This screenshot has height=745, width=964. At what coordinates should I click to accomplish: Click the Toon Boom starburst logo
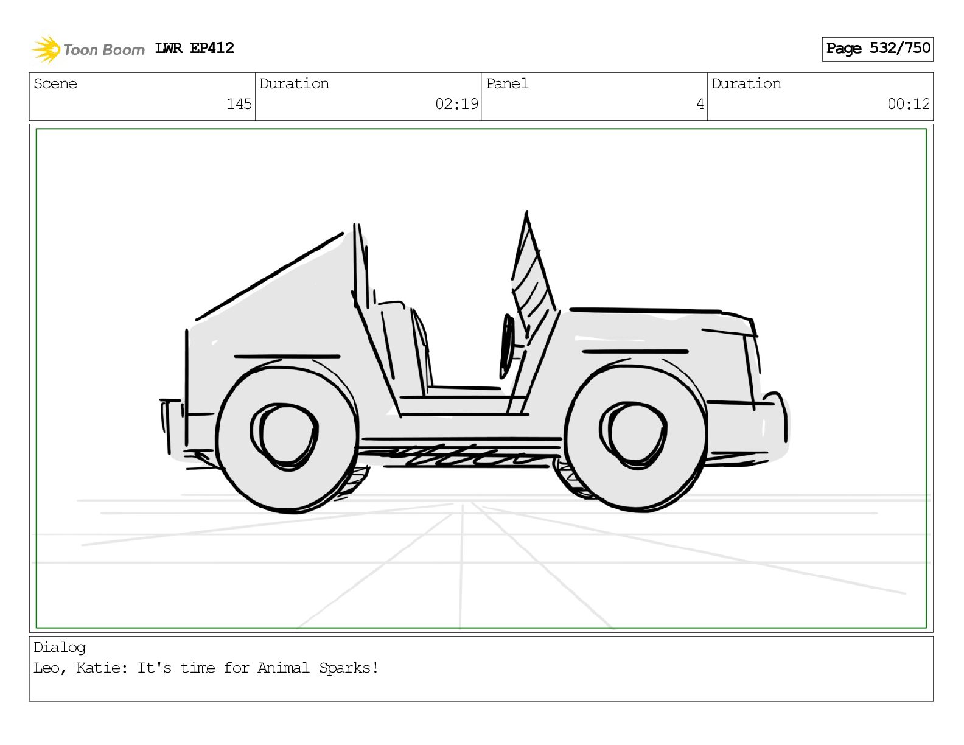click(x=46, y=49)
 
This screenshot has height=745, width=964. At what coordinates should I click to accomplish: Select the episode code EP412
click(x=212, y=48)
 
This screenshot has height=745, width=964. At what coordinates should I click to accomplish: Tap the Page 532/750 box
click(x=877, y=49)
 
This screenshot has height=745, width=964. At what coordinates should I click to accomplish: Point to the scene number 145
click(x=239, y=104)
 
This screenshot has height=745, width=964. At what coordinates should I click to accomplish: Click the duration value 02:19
click(x=456, y=104)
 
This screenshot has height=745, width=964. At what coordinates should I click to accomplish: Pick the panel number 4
click(x=700, y=104)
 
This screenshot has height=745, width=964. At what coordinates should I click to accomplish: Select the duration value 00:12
click(x=909, y=104)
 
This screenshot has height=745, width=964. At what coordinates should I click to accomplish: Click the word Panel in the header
click(x=507, y=83)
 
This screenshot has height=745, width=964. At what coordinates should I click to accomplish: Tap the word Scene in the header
click(x=55, y=83)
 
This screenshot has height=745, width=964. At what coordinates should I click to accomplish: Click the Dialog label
click(x=60, y=648)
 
